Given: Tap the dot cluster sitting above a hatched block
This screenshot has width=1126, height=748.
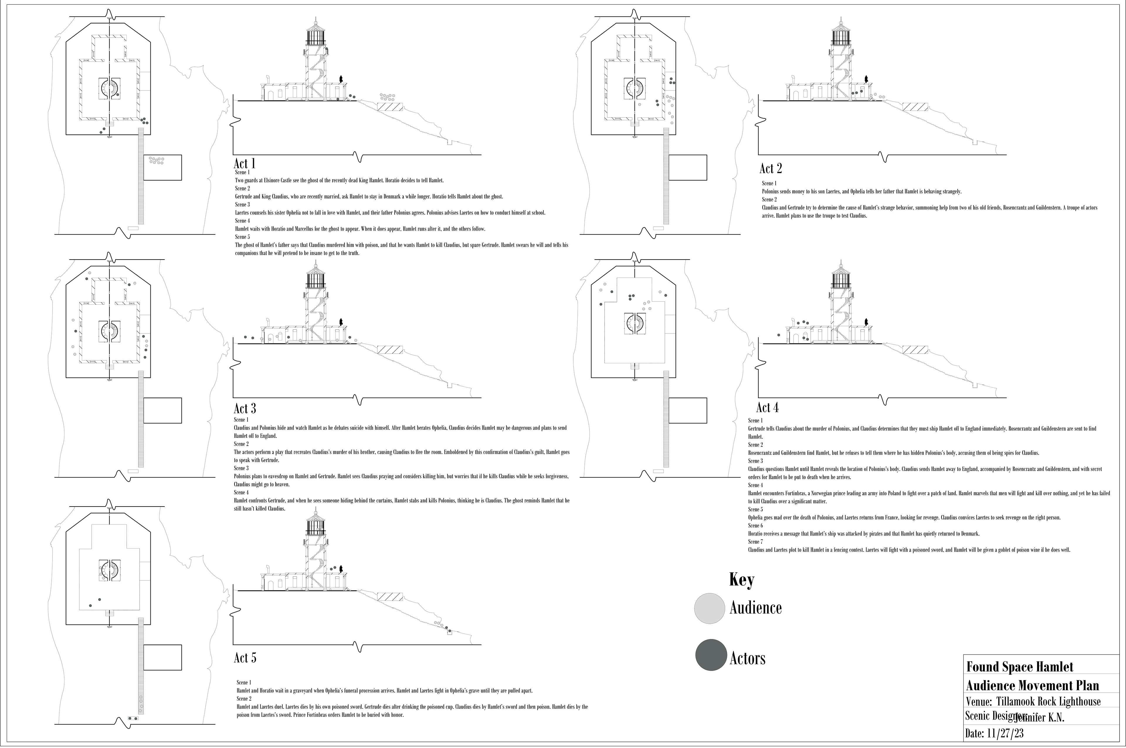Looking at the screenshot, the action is (387, 97).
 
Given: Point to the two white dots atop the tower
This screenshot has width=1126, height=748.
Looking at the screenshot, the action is (320, 529).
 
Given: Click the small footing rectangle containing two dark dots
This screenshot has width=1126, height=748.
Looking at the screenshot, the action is (133, 718).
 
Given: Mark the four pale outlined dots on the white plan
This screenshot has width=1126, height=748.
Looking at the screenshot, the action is (646, 305).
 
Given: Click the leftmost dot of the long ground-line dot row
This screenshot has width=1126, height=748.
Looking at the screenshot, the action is (245, 337).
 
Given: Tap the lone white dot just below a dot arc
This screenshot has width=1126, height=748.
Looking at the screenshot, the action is (640, 104).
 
